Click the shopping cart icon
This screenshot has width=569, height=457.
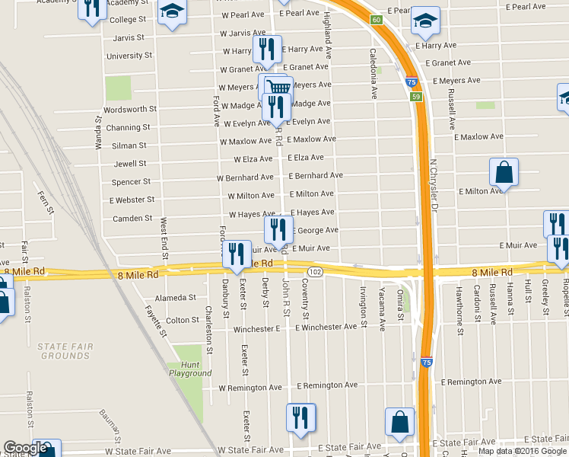(279, 87)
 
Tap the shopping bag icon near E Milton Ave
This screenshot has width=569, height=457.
(504, 173)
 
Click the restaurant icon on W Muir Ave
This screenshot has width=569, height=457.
(237, 254)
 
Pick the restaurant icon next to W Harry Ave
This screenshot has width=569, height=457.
(267, 49)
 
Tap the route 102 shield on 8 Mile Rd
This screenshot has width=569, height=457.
(314, 272)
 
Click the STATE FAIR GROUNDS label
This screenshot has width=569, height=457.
(65, 351)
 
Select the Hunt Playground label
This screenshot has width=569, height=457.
(190, 369)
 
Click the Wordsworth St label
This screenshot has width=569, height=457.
(130, 109)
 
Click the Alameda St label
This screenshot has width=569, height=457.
(176, 298)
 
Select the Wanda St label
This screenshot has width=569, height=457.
(98, 133)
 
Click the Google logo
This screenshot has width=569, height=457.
(24, 448)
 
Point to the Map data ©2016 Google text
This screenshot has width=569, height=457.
(522, 451)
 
